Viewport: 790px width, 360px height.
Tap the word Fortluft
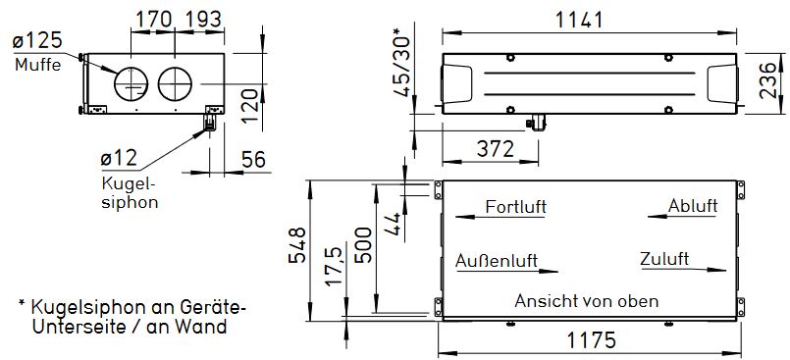(x=515, y=207)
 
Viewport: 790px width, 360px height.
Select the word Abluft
(x=693, y=206)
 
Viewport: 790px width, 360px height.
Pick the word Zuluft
(x=663, y=260)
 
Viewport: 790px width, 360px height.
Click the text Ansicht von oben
(x=586, y=301)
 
